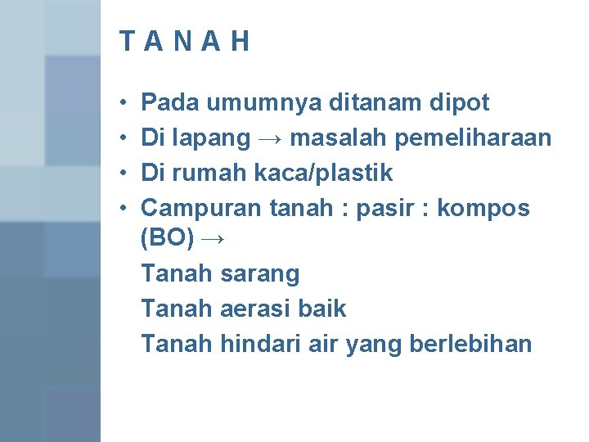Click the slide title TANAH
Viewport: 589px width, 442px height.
tap(184, 42)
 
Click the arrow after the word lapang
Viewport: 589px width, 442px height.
tap(270, 139)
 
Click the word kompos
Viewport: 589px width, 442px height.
tap(483, 210)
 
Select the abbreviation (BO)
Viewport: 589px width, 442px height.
tap(167, 240)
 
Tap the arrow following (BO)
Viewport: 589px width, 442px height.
tap(211, 240)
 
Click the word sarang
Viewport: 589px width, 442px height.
tap(259, 274)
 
